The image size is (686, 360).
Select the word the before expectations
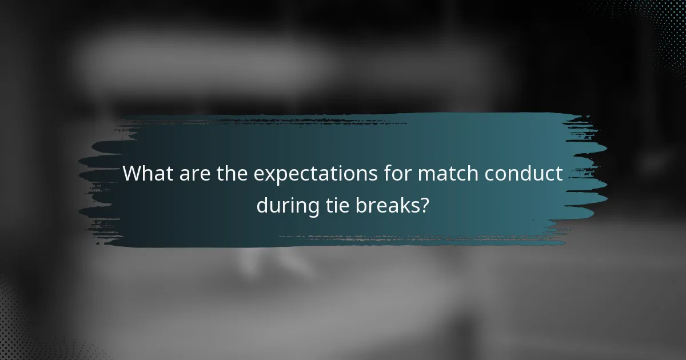pyautogui.click(x=232, y=173)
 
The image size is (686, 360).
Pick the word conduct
pyautogui.click(x=526, y=173)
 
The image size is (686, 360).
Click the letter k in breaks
pyautogui.click(x=404, y=204)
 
